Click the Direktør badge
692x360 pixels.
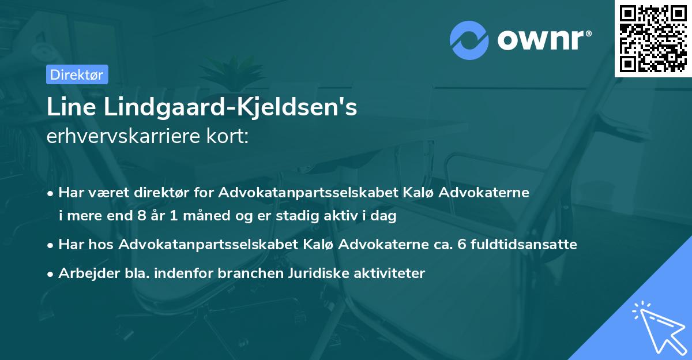tap(76, 74)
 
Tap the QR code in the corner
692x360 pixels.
tap(653, 38)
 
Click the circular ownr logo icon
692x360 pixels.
tap(469, 41)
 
